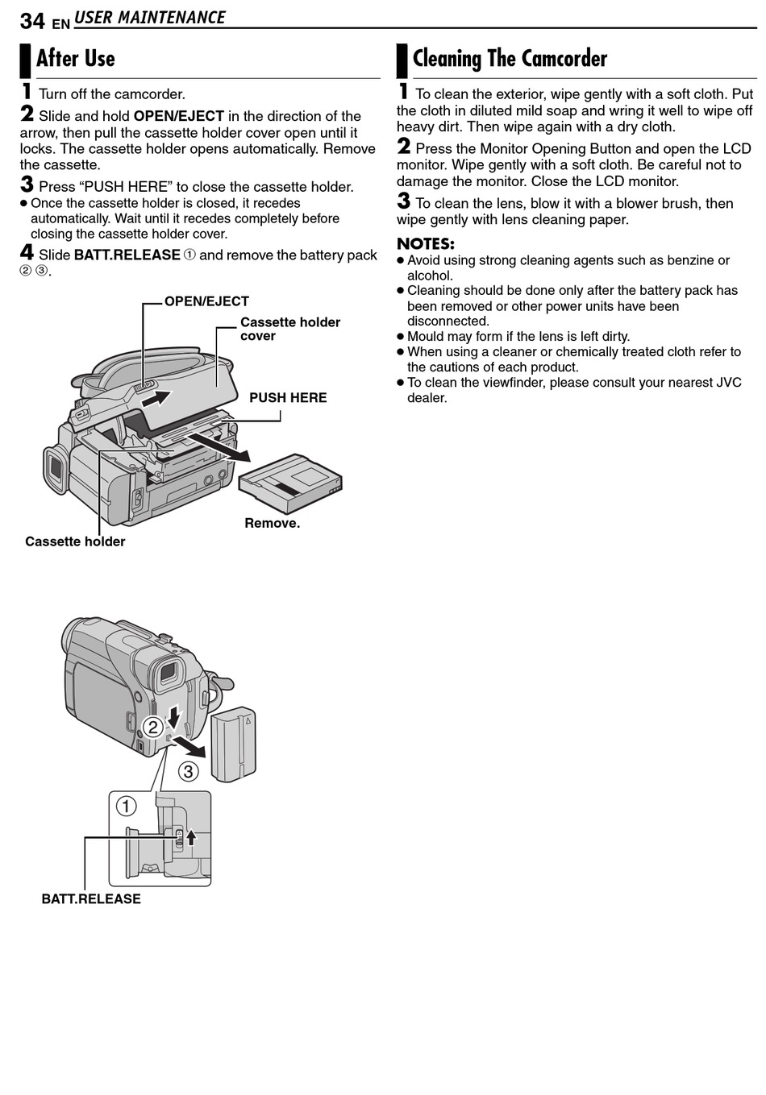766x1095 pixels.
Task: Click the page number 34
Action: tap(32, 20)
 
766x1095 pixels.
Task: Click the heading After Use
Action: tap(76, 59)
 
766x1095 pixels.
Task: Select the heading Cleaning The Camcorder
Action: tap(510, 59)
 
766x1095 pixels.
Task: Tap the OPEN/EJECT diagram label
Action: tap(206, 301)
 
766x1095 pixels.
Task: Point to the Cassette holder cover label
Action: tap(289, 329)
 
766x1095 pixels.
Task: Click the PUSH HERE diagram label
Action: tap(288, 397)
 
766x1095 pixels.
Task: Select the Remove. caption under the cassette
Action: tap(272, 523)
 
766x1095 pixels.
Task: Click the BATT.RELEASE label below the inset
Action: tap(91, 898)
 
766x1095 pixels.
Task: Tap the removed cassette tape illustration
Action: tap(290, 483)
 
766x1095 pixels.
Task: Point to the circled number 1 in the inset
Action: tap(126, 806)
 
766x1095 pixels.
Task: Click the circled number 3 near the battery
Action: tap(188, 771)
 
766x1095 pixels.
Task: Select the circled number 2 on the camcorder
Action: tap(152, 728)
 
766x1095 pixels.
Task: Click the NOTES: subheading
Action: tap(425, 243)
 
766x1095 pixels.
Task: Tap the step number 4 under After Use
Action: tap(27, 253)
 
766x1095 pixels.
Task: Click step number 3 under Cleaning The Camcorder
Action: tap(403, 201)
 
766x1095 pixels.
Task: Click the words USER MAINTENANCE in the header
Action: tap(150, 17)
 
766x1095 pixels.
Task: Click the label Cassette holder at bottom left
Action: tap(75, 541)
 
